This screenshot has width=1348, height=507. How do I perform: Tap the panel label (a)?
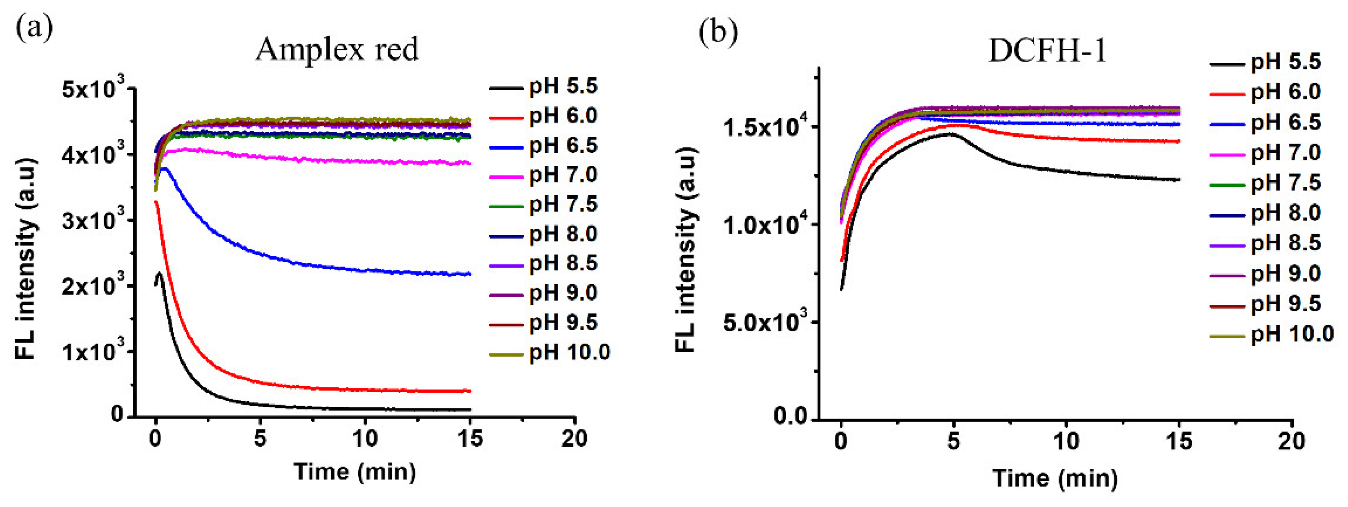[34, 28]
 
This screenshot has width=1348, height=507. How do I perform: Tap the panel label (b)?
[718, 32]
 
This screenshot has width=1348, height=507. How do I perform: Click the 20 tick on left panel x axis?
[574, 439]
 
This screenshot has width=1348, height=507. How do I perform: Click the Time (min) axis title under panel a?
[355, 471]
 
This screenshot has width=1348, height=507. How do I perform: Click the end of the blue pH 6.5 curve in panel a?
[470, 273]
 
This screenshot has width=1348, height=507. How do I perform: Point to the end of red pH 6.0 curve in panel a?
[470, 391]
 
